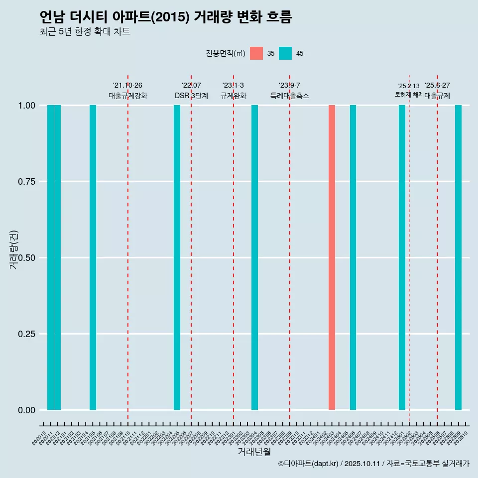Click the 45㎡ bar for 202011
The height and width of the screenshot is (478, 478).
click(x=50, y=257)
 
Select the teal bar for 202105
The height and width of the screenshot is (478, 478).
click(x=93, y=257)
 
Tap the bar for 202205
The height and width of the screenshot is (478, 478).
click(x=177, y=257)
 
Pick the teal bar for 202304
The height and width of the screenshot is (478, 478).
click(x=254, y=257)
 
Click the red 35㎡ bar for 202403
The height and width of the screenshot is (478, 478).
click(x=332, y=257)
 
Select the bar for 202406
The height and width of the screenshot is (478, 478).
click(x=353, y=257)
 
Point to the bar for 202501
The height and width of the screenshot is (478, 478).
click(x=402, y=257)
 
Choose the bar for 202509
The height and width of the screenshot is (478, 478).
click(x=458, y=257)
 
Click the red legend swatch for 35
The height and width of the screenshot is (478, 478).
click(x=256, y=53)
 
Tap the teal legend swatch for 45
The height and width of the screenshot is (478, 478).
click(x=285, y=53)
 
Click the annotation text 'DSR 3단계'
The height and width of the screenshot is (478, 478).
click(x=191, y=96)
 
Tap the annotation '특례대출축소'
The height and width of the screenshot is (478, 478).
click(x=290, y=96)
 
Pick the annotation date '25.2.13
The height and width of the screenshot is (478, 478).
click(x=409, y=86)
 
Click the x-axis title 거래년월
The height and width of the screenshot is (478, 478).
click(x=254, y=452)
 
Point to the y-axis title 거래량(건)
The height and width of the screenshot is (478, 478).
click(x=14, y=249)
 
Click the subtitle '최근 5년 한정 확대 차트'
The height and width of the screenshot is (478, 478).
click(x=85, y=32)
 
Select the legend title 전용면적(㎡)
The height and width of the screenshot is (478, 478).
click(x=225, y=53)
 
